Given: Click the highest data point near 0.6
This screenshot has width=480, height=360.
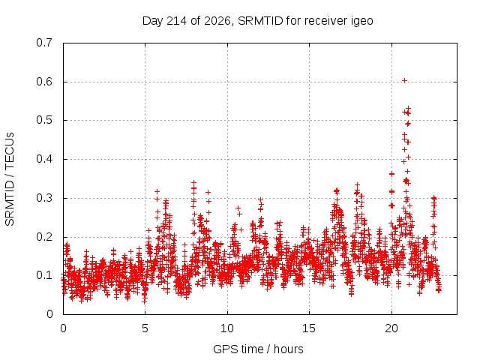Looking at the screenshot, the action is pyautogui.click(x=404, y=81).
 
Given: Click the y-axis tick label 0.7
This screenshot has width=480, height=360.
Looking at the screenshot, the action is pyautogui.click(x=44, y=43).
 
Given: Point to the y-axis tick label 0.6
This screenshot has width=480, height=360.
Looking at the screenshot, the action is pyautogui.click(x=44, y=82).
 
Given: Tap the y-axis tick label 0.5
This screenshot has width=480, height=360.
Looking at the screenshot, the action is pyautogui.click(x=44, y=120).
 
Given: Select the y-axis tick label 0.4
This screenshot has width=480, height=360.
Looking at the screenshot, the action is pyautogui.click(x=44, y=159).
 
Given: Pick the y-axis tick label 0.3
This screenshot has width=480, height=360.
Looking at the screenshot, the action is pyautogui.click(x=44, y=198).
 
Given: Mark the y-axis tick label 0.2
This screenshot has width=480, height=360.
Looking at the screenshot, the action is pyautogui.click(x=44, y=237).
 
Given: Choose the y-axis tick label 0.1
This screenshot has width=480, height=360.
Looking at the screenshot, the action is pyautogui.click(x=44, y=275).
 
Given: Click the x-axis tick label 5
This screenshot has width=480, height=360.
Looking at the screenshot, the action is pyautogui.click(x=145, y=328).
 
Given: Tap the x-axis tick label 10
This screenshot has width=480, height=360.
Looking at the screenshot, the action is pyautogui.click(x=227, y=328).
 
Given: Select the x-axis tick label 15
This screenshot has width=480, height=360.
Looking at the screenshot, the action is pyautogui.click(x=309, y=328).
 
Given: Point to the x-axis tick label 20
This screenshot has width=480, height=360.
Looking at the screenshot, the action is pyautogui.click(x=391, y=328).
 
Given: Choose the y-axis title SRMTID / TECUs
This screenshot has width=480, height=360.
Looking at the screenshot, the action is pyautogui.click(x=10, y=179).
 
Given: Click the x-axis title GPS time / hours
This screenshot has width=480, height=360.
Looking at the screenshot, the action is pyautogui.click(x=258, y=349).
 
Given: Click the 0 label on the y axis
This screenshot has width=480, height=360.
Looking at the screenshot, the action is pyautogui.click(x=49, y=314).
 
